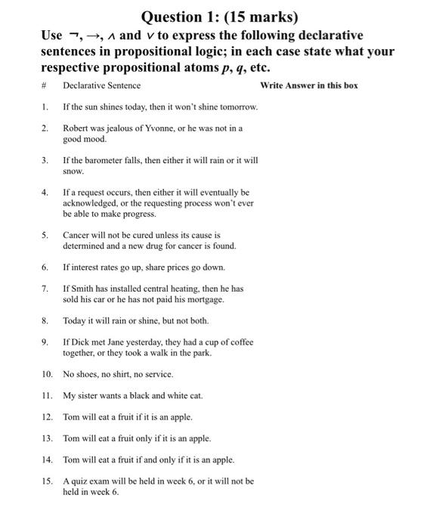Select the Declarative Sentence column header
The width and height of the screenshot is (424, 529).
pos(101,85)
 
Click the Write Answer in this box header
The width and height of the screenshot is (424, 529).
pos(308,85)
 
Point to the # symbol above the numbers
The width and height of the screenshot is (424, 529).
pos(44,85)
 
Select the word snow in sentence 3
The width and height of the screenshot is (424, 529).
pos(73,172)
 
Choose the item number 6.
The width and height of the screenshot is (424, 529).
pos(46,267)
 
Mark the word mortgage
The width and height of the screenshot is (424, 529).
pos(205,299)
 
